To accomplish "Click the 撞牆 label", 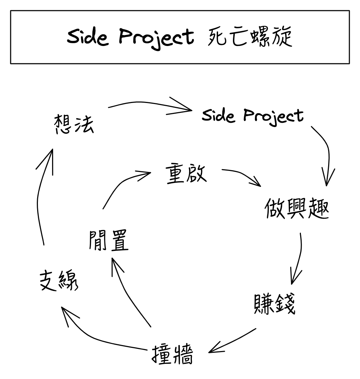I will (173, 355).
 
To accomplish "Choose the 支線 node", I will (58, 281).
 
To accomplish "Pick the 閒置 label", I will (108, 240).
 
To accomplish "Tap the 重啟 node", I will (186, 173).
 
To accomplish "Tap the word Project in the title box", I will (156, 37).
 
